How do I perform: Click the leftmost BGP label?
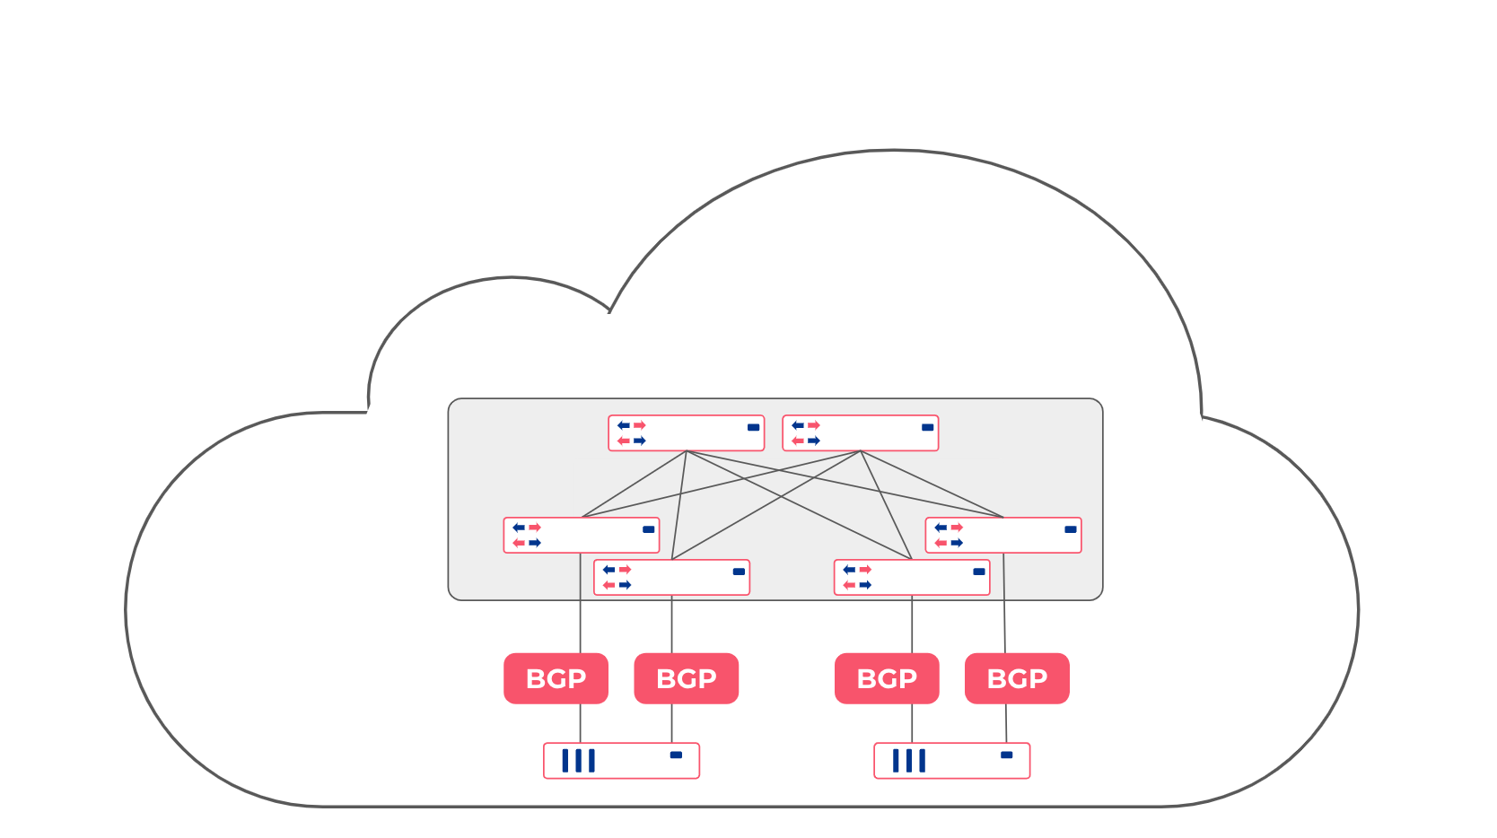click(556, 678)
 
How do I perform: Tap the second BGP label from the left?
click(686, 678)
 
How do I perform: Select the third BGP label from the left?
click(887, 678)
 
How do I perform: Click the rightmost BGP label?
click(1017, 678)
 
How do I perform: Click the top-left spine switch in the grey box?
click(687, 432)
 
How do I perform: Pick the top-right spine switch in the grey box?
click(861, 432)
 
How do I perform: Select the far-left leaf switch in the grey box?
click(582, 535)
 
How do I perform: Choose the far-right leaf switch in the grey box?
click(1003, 535)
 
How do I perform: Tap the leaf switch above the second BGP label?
click(671, 577)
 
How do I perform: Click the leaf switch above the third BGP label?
click(912, 577)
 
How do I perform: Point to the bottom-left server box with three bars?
click(621, 760)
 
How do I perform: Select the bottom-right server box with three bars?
click(951, 760)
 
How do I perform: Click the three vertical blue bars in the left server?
click(578, 761)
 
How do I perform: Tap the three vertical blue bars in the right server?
click(908, 761)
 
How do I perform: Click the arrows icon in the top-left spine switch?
click(631, 432)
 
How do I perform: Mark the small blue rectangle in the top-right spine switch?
click(927, 427)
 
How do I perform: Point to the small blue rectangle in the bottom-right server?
click(1006, 755)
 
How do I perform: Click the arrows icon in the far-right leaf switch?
click(948, 535)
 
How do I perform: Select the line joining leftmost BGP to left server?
click(580, 723)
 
